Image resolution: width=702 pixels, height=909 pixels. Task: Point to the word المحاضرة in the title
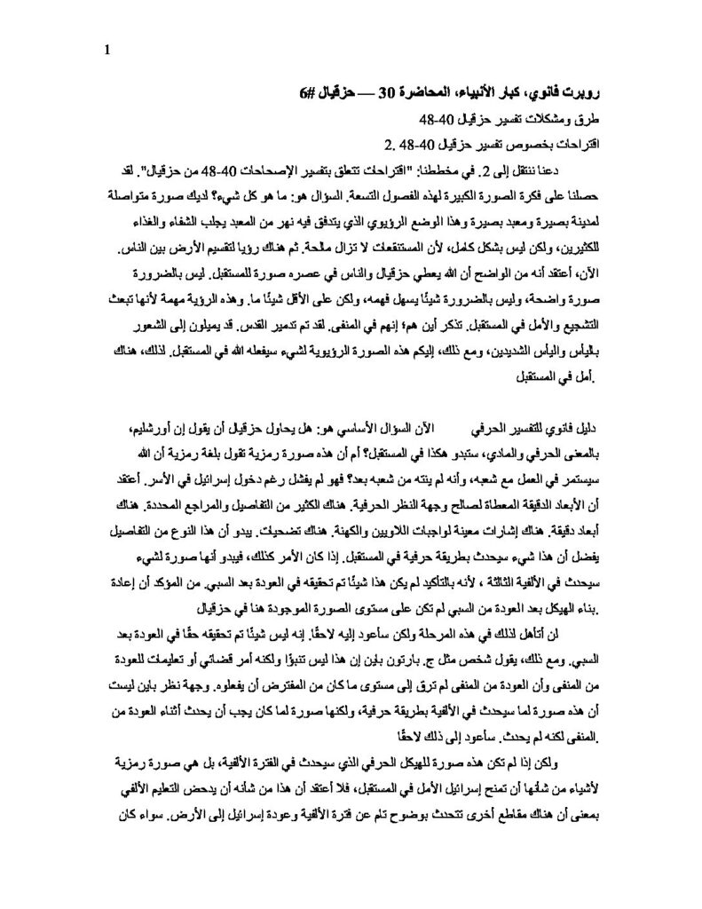[x=438, y=92]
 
